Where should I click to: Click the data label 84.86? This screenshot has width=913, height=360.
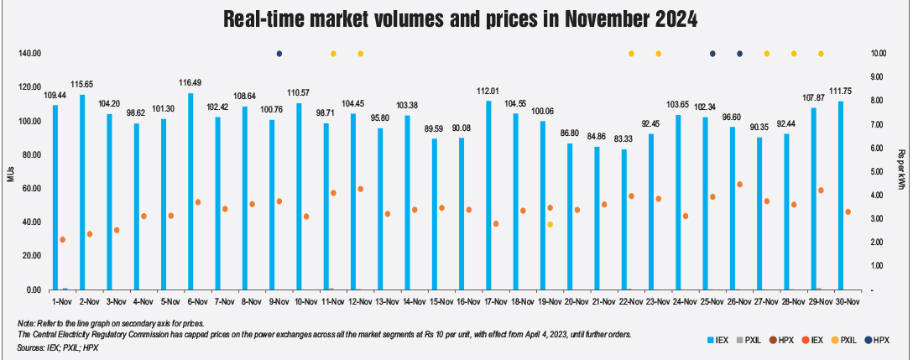[597, 137]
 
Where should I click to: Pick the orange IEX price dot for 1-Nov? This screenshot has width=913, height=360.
[62, 240]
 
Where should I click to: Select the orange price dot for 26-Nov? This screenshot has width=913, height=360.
[739, 185]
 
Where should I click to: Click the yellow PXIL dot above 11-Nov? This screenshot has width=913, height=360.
[333, 54]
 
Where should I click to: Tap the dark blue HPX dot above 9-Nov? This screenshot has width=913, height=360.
[279, 54]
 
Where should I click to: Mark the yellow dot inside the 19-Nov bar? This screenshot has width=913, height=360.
[550, 225]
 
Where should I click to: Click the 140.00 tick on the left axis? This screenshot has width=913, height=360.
[30, 54]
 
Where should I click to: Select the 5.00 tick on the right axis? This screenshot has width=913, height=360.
[878, 172]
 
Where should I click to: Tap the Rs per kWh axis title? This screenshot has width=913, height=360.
[899, 173]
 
